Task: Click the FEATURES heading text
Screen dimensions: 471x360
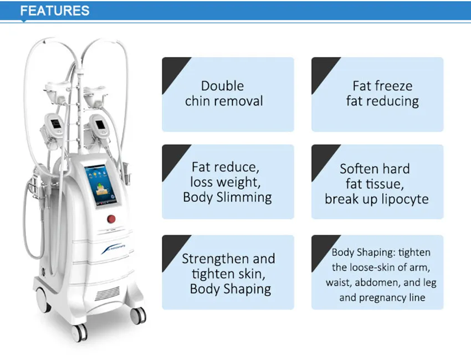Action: click(x=55, y=11)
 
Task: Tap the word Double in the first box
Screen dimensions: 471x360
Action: click(x=222, y=86)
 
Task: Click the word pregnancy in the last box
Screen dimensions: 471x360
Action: click(x=378, y=298)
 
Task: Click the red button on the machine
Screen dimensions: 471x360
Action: click(x=111, y=219)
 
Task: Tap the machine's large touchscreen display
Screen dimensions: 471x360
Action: click(x=101, y=186)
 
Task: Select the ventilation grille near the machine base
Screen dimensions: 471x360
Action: click(x=107, y=293)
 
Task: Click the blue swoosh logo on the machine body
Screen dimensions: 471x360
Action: click(x=113, y=249)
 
